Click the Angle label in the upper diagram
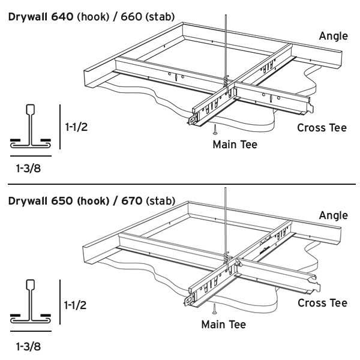coord(333,36)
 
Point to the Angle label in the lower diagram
coord(333,215)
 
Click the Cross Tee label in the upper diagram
coord(322,128)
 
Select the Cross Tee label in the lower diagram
coord(322,303)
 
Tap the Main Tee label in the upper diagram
coord(235,145)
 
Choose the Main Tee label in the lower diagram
coord(223,325)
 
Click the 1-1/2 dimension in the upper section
coord(77,127)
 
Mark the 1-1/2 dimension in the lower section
coord(77,305)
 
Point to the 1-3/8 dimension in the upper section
coord(29,169)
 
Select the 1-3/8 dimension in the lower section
coord(29,346)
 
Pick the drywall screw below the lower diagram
coord(214,310)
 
